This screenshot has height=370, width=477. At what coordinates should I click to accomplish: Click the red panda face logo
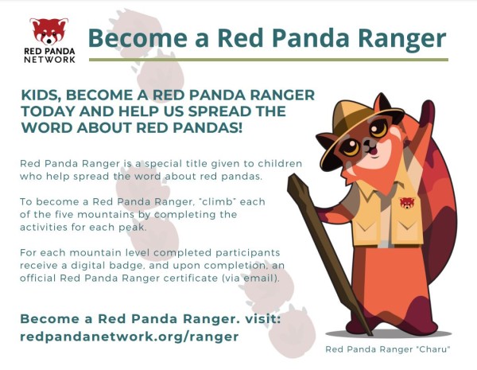click(x=49, y=31)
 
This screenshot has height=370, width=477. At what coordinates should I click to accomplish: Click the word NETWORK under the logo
click(x=49, y=60)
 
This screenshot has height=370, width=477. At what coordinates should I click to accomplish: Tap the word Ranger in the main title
click(x=401, y=39)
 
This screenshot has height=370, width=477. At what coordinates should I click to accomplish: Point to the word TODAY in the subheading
click(x=48, y=111)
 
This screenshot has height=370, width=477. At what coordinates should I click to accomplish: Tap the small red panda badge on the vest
click(x=407, y=203)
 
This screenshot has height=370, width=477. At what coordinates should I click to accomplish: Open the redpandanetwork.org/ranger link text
click(x=130, y=337)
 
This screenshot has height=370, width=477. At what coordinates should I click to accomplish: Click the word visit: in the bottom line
click(x=262, y=319)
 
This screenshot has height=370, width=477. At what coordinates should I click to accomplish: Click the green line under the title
click(x=269, y=60)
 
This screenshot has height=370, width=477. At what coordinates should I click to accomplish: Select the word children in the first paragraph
click(x=280, y=164)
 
